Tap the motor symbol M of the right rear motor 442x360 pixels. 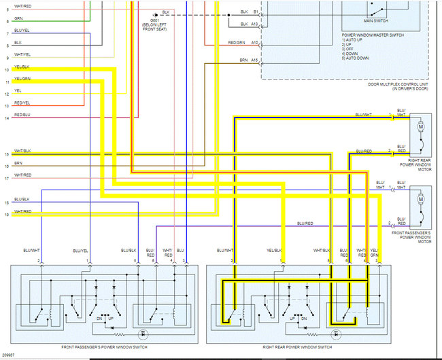[x=420, y=127]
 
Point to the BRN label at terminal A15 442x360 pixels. [x=243, y=61]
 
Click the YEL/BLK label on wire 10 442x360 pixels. [x=22, y=68]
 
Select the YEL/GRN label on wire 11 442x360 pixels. [x=22, y=79]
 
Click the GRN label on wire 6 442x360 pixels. [x=18, y=20]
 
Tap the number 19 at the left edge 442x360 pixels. [x=5, y=215]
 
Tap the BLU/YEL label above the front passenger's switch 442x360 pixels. [x=80, y=252]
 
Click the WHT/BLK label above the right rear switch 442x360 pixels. [x=321, y=252]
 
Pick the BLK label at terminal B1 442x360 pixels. [x=243, y=12]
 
